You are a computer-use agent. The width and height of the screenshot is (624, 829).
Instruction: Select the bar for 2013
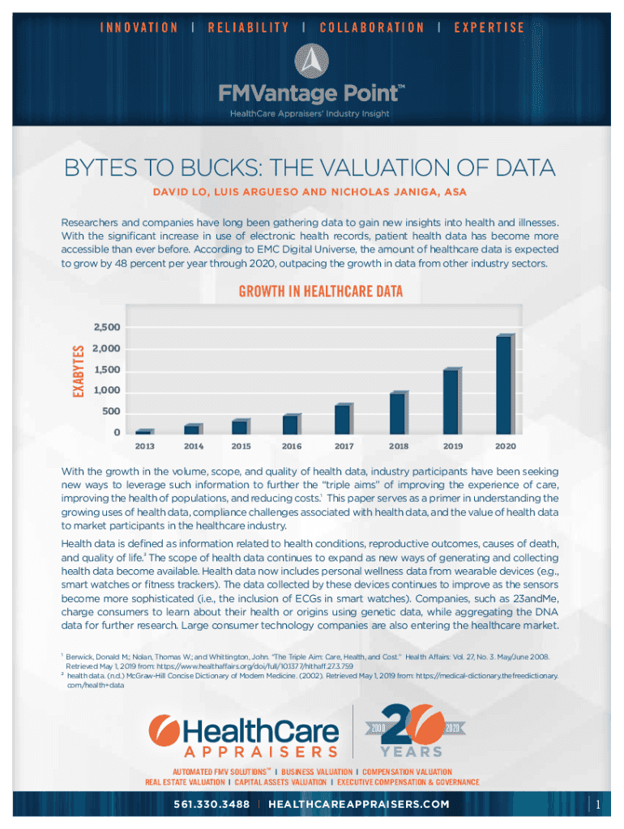(x=143, y=432)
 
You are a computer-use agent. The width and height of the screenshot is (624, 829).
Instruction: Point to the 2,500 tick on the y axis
(x=107, y=328)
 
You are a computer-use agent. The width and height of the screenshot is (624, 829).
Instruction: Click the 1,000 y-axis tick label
(x=107, y=391)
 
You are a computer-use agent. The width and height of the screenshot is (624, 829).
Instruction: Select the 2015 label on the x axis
(x=241, y=446)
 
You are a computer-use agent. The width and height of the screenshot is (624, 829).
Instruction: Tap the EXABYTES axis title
(x=79, y=371)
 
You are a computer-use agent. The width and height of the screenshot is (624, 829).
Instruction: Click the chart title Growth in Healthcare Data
(x=319, y=291)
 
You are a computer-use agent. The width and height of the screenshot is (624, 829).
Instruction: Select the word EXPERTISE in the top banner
(x=489, y=28)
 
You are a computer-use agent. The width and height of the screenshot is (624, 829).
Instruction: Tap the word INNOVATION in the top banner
(x=139, y=28)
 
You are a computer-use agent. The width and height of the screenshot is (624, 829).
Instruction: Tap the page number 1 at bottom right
(x=597, y=805)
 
